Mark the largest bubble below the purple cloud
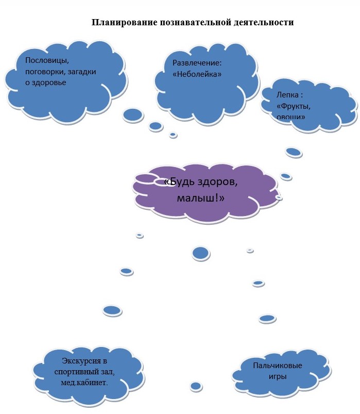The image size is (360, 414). (x=200, y=253)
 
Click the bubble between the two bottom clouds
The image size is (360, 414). (x=196, y=386)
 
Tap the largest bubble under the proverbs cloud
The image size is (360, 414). (x=133, y=114)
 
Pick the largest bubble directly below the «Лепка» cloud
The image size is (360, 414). (x=293, y=152)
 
